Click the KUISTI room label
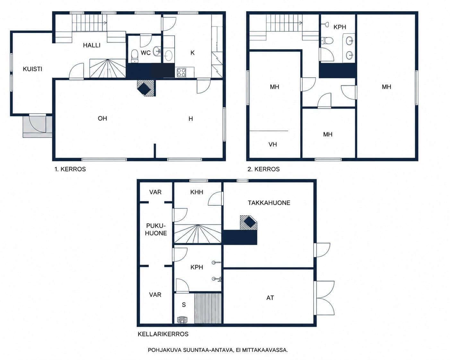tap(32, 69)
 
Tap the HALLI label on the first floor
tap(91, 45)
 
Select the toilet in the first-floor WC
tap(134, 56)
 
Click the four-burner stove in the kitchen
tap(181, 73)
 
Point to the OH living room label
tap(102, 118)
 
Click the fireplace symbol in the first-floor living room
tap(146, 88)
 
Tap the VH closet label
tap(273, 144)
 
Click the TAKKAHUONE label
tap(269, 203)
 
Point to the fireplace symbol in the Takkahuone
tap(249, 223)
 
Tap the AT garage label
tap(270, 298)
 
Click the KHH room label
tap(196, 192)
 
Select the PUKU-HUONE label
tap(156, 229)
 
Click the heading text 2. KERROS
tap(264, 169)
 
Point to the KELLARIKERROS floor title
tap(163, 334)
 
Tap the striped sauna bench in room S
tap(208, 308)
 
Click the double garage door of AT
tap(324, 298)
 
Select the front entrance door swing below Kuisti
tap(38, 124)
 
